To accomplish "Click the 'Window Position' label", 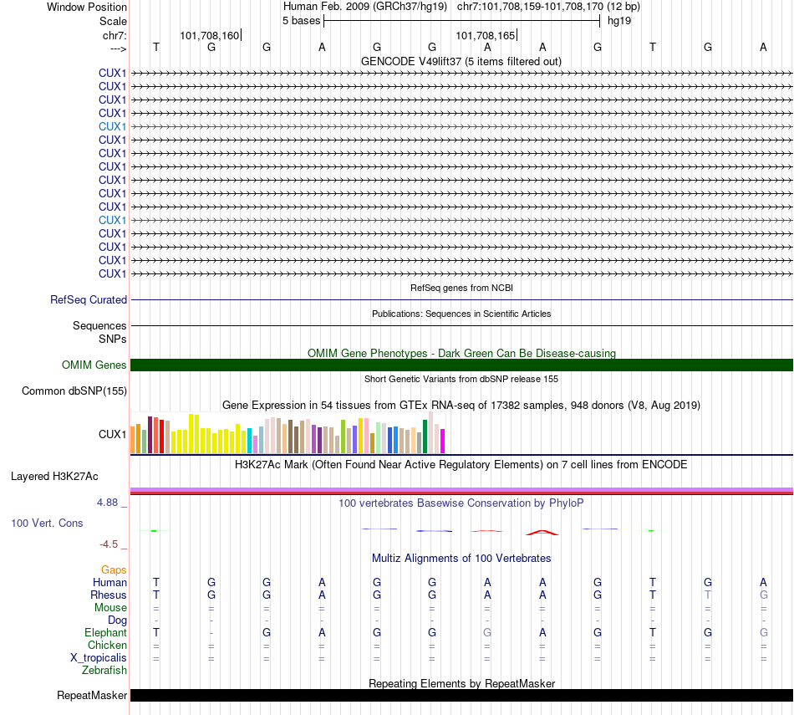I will point(87,7).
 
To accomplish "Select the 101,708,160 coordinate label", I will point(210,35).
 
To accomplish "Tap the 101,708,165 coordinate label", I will point(486,35).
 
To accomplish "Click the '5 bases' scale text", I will point(301,20).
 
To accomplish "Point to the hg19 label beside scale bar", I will point(619,20).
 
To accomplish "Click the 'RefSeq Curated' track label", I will point(89,299).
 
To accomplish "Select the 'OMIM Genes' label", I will point(94,365).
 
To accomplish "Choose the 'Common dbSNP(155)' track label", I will point(74,391).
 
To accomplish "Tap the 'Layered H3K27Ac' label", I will point(54,477).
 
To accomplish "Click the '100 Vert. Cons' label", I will point(47,523).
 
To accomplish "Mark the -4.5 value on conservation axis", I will point(111,544).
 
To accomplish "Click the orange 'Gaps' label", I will point(114,569).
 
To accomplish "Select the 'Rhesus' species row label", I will point(109,595).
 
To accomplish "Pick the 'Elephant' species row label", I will point(105,633).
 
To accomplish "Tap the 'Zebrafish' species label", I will point(104,670).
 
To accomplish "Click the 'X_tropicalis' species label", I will point(99,658).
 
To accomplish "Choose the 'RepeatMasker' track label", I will point(92,695).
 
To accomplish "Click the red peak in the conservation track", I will point(541,531).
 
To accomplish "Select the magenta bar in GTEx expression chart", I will point(443,441).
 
